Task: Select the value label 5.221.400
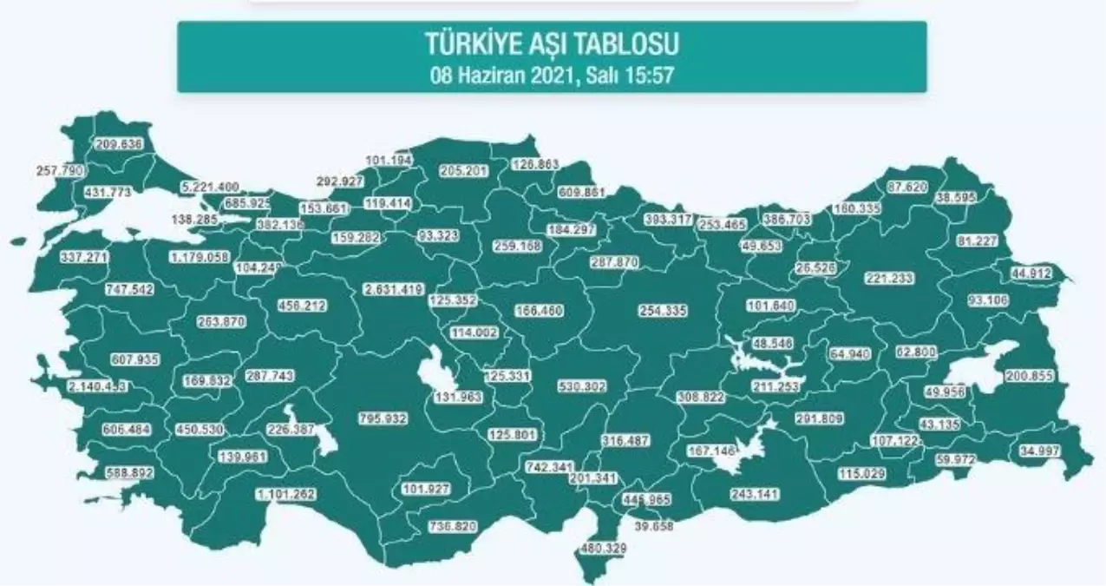pyautogui.click(x=210, y=188)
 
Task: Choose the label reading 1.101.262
pyautogui.click(x=285, y=494)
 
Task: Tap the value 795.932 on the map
pyautogui.click(x=383, y=418)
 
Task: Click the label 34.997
pyautogui.click(x=1038, y=452)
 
